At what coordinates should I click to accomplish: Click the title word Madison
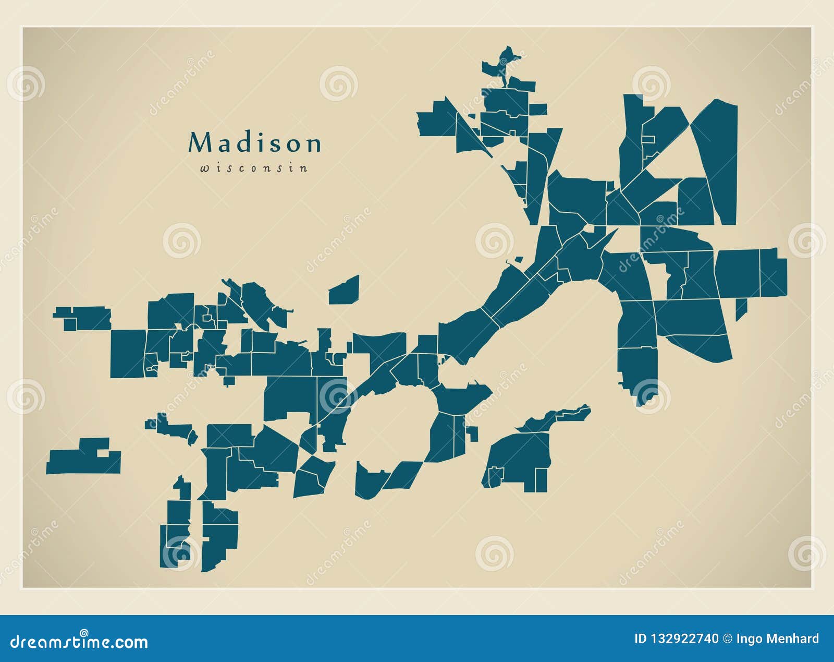(x=254, y=143)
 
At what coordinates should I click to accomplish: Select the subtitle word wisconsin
(x=254, y=168)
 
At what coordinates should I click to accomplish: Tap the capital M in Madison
(x=199, y=142)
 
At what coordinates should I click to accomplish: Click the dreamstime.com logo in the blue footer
(x=79, y=641)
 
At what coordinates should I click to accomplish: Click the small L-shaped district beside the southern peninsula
(x=473, y=433)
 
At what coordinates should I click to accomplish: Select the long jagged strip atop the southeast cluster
(x=555, y=417)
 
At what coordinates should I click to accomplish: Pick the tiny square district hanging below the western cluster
(x=229, y=381)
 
